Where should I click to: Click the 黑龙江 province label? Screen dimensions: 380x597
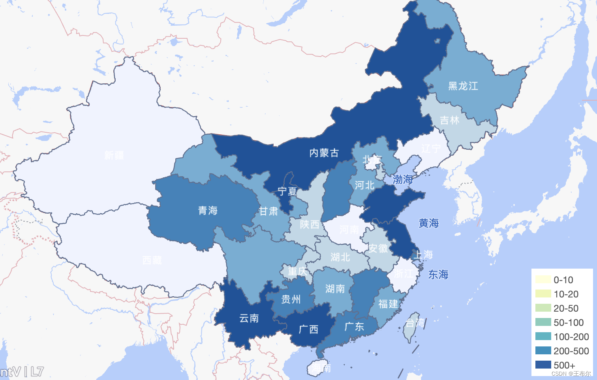point(463,86)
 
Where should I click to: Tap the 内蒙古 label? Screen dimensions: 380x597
point(324,153)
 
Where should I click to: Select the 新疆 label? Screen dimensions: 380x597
point(114,155)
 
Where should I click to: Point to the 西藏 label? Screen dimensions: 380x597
point(152,260)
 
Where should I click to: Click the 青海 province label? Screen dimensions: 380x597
point(208,211)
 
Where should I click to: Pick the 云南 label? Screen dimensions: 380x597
point(249,318)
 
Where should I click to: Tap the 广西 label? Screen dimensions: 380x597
point(308,329)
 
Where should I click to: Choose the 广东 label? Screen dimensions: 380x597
point(354,327)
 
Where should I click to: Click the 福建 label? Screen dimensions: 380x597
point(388,304)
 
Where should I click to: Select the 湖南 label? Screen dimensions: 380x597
point(335,289)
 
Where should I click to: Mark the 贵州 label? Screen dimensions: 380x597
point(291,299)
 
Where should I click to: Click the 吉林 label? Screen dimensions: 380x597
point(450,120)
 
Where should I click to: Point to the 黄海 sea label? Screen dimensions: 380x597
point(429,224)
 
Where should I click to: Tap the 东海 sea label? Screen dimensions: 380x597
point(438,275)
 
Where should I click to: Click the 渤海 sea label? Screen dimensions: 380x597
point(403,180)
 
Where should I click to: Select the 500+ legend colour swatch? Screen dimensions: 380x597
point(543,365)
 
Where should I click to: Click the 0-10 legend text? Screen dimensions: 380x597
point(563,280)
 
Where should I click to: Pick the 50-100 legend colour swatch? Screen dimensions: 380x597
point(543,322)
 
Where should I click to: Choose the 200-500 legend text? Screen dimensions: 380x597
point(571,351)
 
